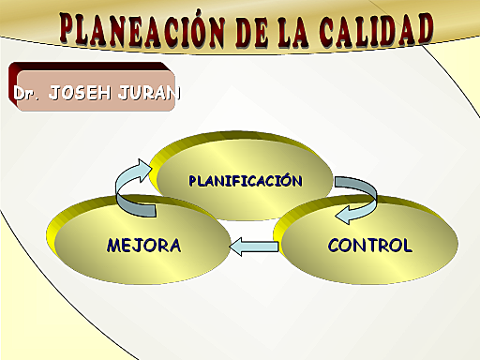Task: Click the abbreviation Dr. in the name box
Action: tap(26, 94)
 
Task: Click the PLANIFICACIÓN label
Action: tap(246, 179)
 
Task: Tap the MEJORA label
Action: tap(143, 246)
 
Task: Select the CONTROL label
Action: tap(369, 246)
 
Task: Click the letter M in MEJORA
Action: tap(115, 246)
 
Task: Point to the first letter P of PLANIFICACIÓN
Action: tap(193, 179)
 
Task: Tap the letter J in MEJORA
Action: tap(140, 246)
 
